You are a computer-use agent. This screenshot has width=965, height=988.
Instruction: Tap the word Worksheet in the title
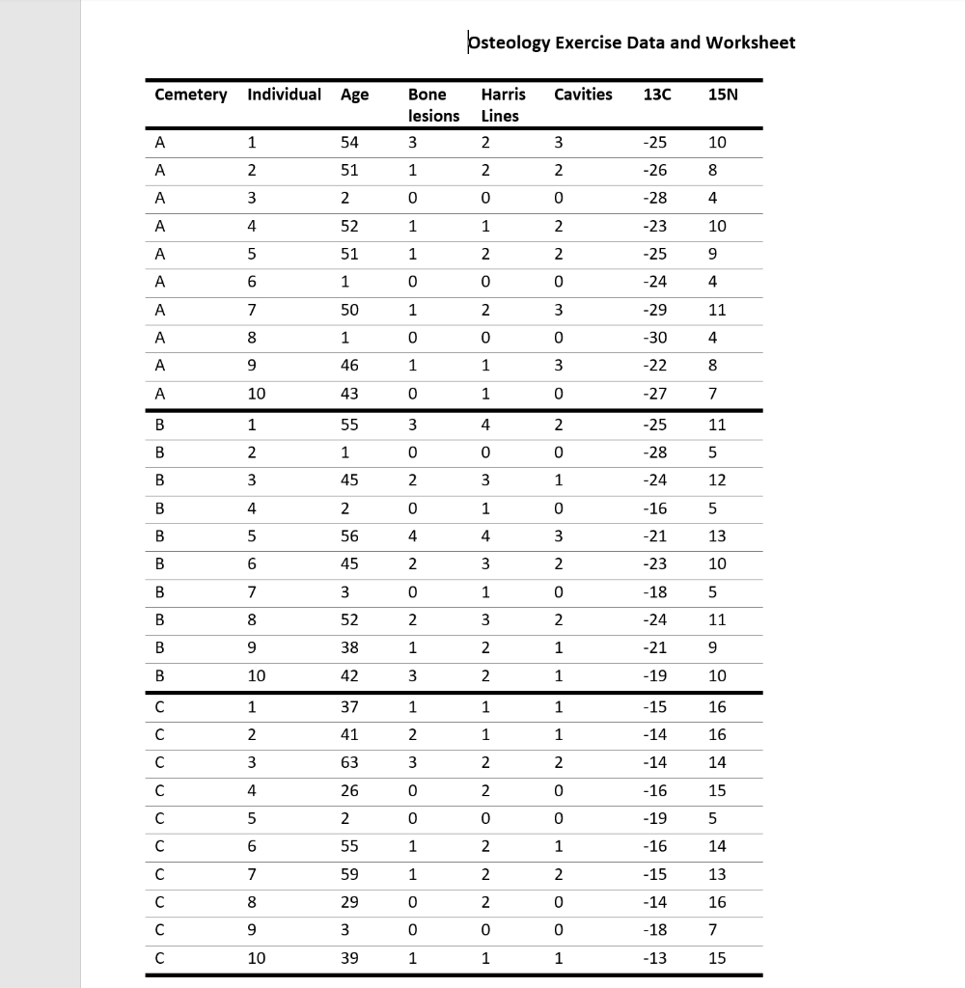pyautogui.click(x=751, y=42)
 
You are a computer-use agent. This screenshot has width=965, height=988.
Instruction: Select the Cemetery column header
pyautogui.click(x=191, y=95)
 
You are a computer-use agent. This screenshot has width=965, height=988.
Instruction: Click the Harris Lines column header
pyautogui.click(x=502, y=105)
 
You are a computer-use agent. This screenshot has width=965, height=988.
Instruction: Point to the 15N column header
pyautogui.click(x=718, y=95)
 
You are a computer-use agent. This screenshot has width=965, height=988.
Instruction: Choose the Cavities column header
pyautogui.click(x=583, y=95)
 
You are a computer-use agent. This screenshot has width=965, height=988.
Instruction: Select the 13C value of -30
pyautogui.click(x=656, y=339)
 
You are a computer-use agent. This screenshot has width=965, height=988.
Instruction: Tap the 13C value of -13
pyautogui.click(x=656, y=958)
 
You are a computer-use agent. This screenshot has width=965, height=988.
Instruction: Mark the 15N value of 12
pyautogui.click(x=718, y=480)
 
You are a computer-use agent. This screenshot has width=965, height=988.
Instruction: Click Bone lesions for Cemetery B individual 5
pyautogui.click(x=412, y=536)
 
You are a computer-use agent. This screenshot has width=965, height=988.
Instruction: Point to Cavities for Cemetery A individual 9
pyautogui.click(x=558, y=367)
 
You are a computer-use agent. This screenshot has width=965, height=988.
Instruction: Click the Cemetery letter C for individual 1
pyautogui.click(x=159, y=707)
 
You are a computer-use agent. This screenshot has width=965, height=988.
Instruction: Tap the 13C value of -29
pyautogui.click(x=656, y=311)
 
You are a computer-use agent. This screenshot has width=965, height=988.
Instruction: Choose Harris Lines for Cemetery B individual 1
pyautogui.click(x=486, y=425)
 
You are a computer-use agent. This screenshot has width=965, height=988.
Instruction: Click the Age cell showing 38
pyautogui.click(x=349, y=648)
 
